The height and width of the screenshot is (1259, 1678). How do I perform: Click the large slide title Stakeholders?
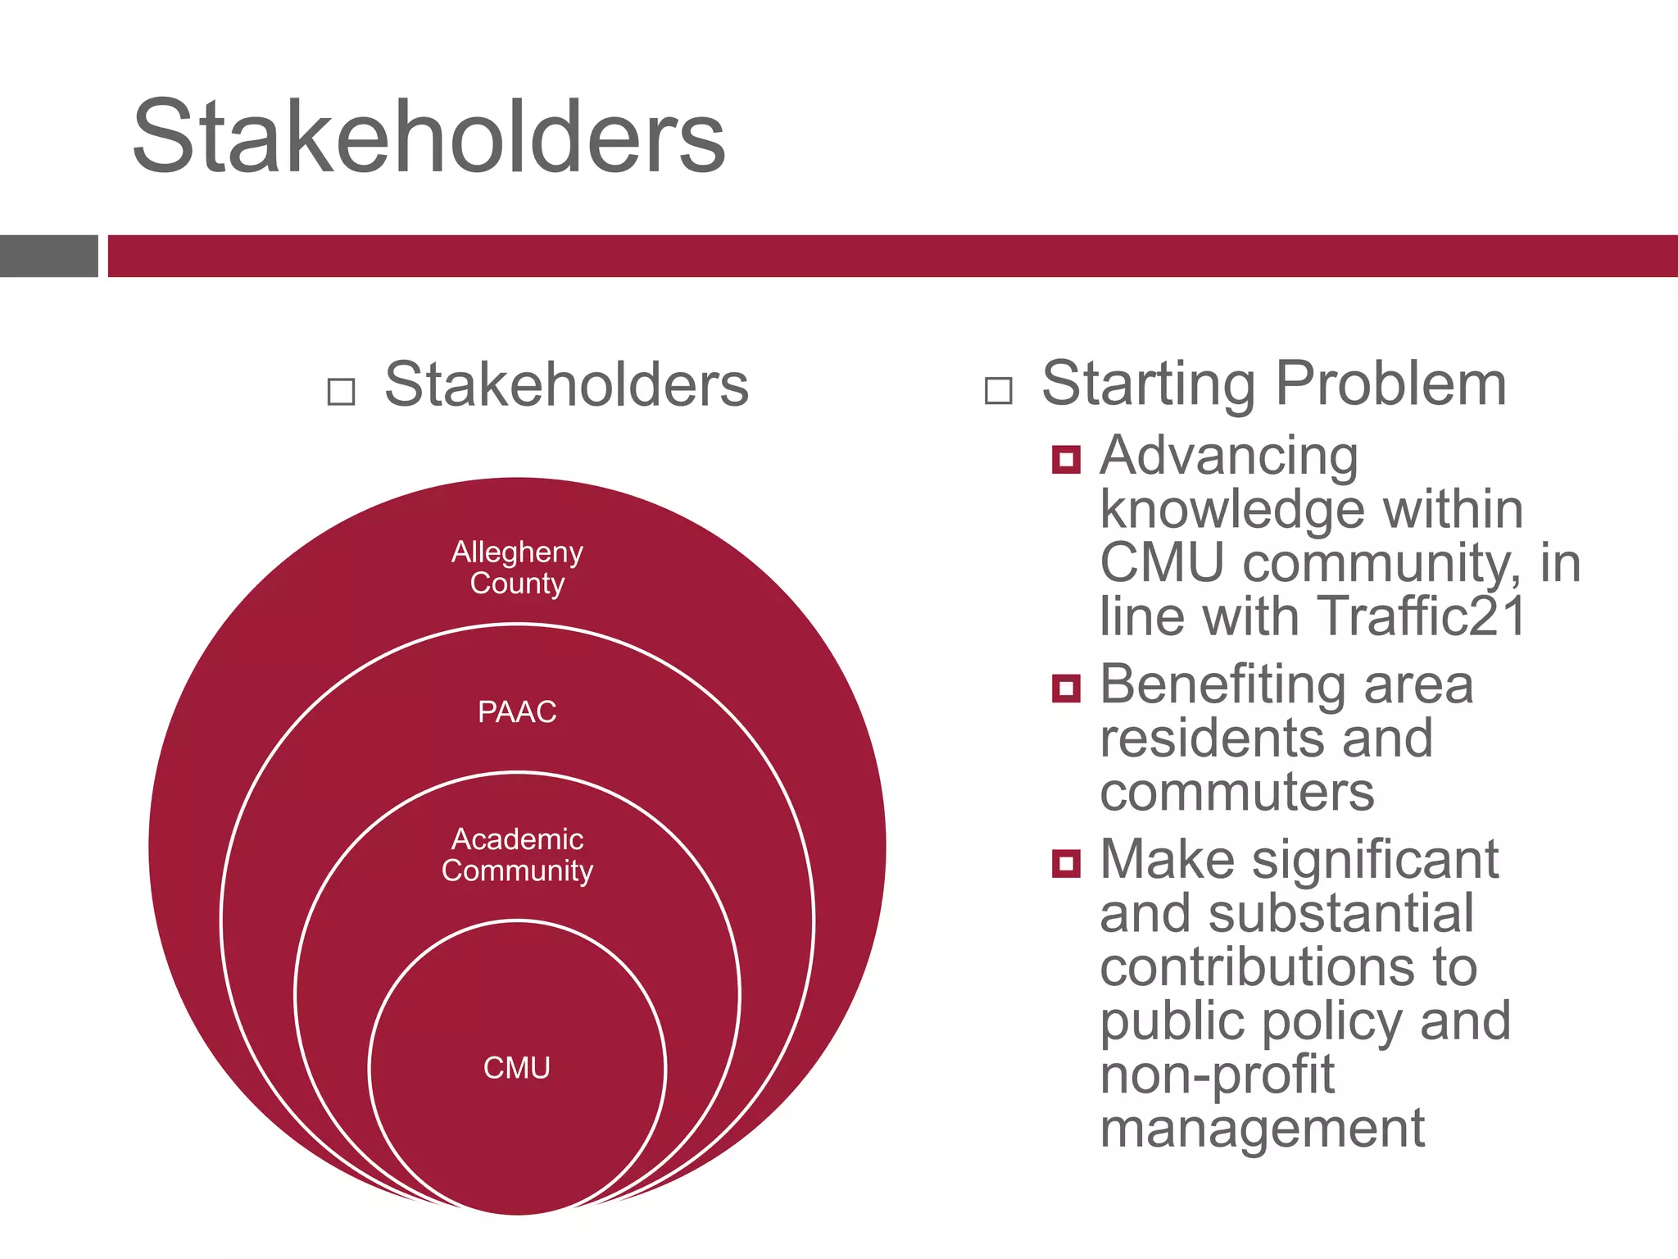[429, 136]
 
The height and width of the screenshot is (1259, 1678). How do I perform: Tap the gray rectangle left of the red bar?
[48, 256]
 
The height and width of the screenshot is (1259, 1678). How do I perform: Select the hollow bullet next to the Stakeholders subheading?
[341, 391]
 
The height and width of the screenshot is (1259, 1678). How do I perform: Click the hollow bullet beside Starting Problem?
[998, 390]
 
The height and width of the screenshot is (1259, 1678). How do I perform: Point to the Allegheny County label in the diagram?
[517, 567]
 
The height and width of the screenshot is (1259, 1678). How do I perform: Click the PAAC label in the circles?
[517, 711]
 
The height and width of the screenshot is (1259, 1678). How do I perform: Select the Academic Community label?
[517, 855]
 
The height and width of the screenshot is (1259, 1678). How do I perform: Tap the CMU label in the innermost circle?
[517, 1067]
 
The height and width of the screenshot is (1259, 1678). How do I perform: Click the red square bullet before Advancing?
[1066, 459]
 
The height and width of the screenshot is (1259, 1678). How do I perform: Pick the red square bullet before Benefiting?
[1066, 688]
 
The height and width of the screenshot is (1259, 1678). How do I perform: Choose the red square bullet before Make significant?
[1066, 863]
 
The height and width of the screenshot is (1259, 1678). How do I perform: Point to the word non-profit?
[1217, 1075]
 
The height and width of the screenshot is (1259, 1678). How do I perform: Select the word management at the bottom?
[1262, 1128]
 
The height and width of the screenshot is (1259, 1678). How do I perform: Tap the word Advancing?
[1228, 456]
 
